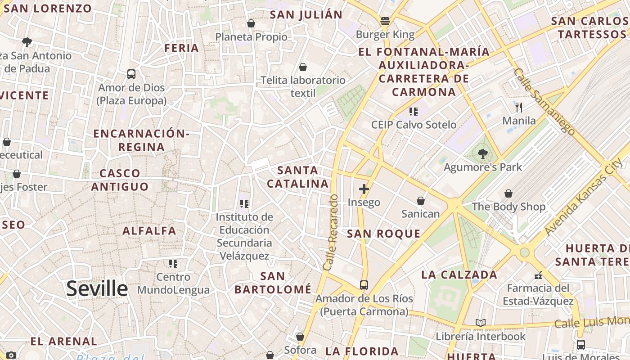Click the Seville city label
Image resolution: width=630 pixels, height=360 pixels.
(97, 288)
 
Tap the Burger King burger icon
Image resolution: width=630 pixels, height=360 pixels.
(385, 21)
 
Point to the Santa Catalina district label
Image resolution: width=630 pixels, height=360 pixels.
(298, 177)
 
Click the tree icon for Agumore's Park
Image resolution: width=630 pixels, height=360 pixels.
(483, 154)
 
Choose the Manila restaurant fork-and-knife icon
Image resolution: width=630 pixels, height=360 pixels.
(519, 107)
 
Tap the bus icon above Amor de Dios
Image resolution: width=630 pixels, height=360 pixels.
(131, 74)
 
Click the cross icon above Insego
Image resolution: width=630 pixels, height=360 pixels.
(364, 189)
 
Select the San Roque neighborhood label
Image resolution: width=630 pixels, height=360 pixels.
(384, 234)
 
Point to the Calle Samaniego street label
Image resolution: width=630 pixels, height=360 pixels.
(544, 102)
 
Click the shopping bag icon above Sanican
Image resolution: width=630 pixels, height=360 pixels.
(421, 201)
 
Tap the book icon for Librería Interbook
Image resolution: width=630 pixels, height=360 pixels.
(481, 323)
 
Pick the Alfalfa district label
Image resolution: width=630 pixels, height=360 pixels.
(150, 231)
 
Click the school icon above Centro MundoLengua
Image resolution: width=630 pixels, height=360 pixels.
(173, 263)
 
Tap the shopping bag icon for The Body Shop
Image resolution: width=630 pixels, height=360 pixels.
(508, 193)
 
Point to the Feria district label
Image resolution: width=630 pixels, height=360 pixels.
(182, 48)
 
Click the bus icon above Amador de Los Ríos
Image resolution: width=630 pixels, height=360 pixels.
(364, 285)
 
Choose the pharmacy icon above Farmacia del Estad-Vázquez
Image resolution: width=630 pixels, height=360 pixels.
(538, 275)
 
